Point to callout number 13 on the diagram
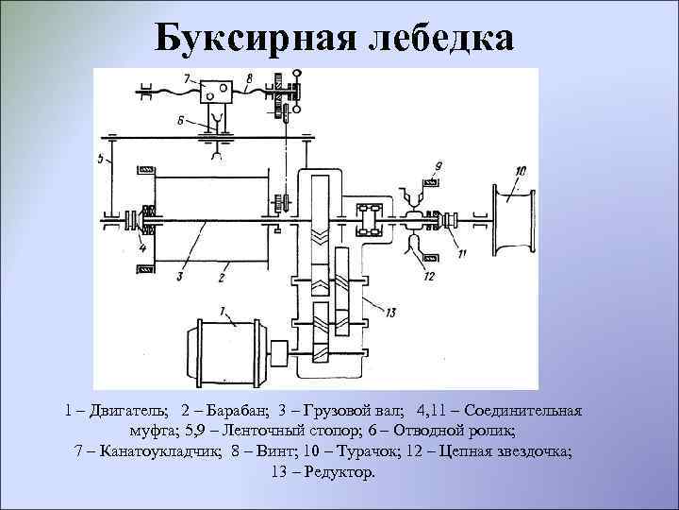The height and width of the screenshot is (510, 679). tap(389, 311)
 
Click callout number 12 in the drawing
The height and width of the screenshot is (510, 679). tap(431, 276)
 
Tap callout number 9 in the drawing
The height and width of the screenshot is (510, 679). tap(437, 168)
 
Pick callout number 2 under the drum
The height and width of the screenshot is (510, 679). tap(221, 278)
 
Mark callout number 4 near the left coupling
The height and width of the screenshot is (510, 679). tap(141, 249)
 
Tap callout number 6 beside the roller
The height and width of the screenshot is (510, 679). tap(181, 120)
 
